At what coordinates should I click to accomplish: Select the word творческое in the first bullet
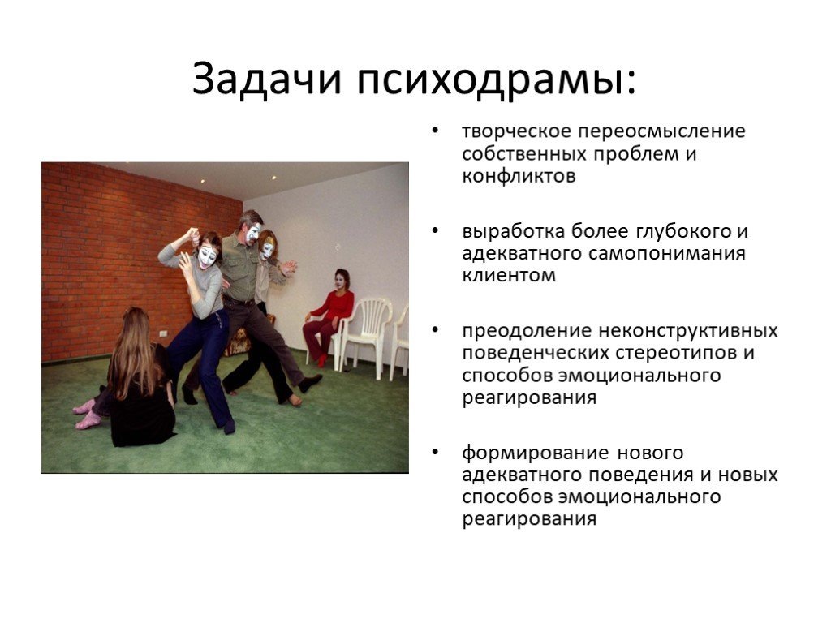coord(516,131)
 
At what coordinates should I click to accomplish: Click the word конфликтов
coord(519,175)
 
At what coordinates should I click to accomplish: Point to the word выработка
coord(513,231)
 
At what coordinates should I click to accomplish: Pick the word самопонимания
coord(667,253)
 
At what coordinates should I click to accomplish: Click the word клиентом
coord(509,276)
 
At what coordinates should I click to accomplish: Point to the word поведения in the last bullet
coord(639,475)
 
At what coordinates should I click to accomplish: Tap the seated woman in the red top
coord(329,318)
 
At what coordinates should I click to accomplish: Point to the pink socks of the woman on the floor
coord(86,415)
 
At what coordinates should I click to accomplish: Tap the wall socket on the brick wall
coord(164,333)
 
